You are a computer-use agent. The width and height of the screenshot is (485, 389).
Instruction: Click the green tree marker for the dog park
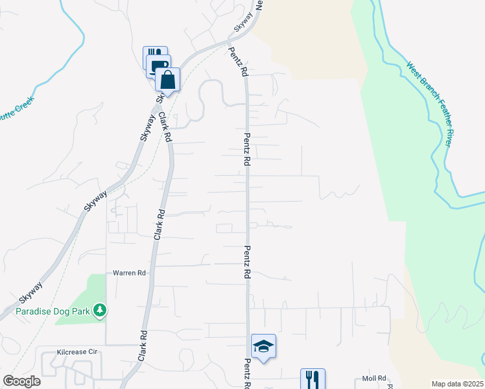click(99, 311)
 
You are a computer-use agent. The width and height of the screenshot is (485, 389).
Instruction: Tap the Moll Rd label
click(374, 378)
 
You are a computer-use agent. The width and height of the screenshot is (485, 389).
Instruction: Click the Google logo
click(21, 381)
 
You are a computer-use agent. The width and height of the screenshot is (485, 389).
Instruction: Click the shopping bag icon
click(167, 81)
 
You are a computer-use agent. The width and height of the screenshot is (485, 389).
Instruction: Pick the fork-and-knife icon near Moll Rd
click(312, 379)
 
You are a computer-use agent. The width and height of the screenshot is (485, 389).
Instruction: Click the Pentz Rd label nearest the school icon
click(248, 373)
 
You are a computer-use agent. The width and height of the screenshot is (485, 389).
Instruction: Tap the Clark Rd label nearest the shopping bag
click(165, 128)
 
